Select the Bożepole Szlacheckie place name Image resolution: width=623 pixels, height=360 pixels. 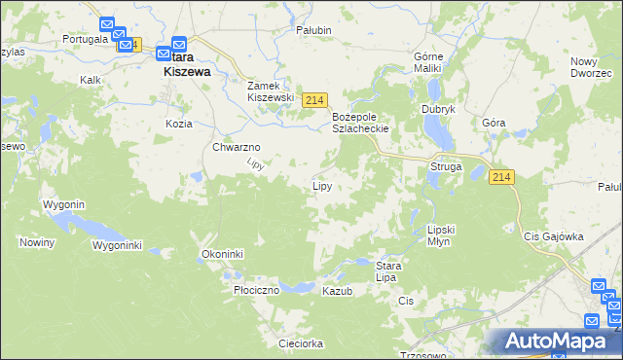pyautogui.click(x=361, y=122)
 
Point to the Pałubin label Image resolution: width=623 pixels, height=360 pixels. pyautogui.click(x=314, y=30)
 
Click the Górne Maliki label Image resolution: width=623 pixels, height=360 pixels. pyautogui.click(x=428, y=62)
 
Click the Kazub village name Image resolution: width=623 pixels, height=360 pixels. pyautogui.click(x=337, y=291)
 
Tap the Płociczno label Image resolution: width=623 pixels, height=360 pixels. pyautogui.click(x=257, y=290)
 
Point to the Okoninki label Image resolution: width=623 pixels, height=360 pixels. pyautogui.click(x=222, y=254)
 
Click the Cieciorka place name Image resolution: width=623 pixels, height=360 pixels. pyautogui.click(x=300, y=343)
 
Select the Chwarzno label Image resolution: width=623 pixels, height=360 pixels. pyautogui.click(x=234, y=148)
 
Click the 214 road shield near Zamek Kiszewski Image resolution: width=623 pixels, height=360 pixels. pyautogui.click(x=314, y=100)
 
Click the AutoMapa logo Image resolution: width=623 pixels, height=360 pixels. pyautogui.click(x=556, y=342)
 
